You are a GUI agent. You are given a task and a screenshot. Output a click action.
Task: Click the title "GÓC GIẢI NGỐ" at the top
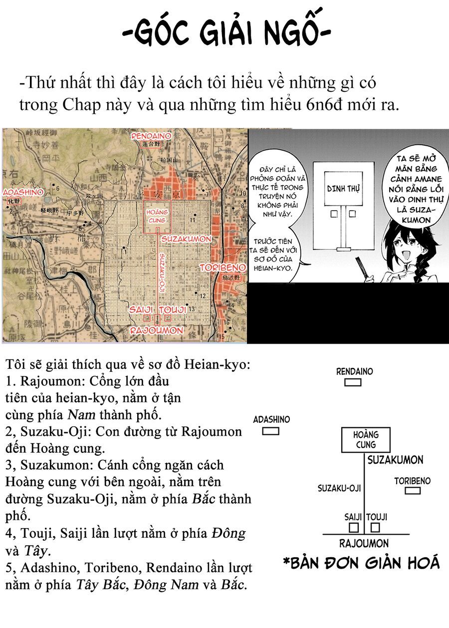point(226,34)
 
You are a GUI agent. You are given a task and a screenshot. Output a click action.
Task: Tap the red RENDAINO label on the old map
point(151,135)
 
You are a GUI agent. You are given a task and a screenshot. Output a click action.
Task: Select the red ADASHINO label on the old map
point(22,192)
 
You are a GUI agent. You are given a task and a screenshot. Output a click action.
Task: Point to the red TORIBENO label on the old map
point(223,268)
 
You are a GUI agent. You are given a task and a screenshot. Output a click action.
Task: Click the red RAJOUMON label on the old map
point(157,330)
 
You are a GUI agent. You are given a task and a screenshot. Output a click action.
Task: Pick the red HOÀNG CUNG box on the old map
point(157,216)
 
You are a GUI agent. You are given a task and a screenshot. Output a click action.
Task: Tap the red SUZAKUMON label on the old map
point(186,239)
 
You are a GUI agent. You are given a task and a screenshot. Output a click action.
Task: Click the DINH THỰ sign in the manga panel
point(344,189)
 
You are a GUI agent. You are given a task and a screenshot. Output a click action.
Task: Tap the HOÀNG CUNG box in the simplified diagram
point(365,440)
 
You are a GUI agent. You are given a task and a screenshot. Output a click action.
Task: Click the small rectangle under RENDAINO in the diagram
point(353,382)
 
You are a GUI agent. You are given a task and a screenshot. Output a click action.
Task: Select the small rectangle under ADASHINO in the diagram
point(270,431)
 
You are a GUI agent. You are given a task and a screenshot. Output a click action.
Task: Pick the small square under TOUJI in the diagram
point(375,527)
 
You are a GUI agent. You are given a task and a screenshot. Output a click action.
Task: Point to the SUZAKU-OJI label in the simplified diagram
point(339,488)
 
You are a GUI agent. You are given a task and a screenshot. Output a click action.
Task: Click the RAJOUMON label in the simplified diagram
point(364,544)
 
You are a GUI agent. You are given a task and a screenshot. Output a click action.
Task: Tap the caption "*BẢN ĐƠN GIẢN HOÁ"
point(361,564)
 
